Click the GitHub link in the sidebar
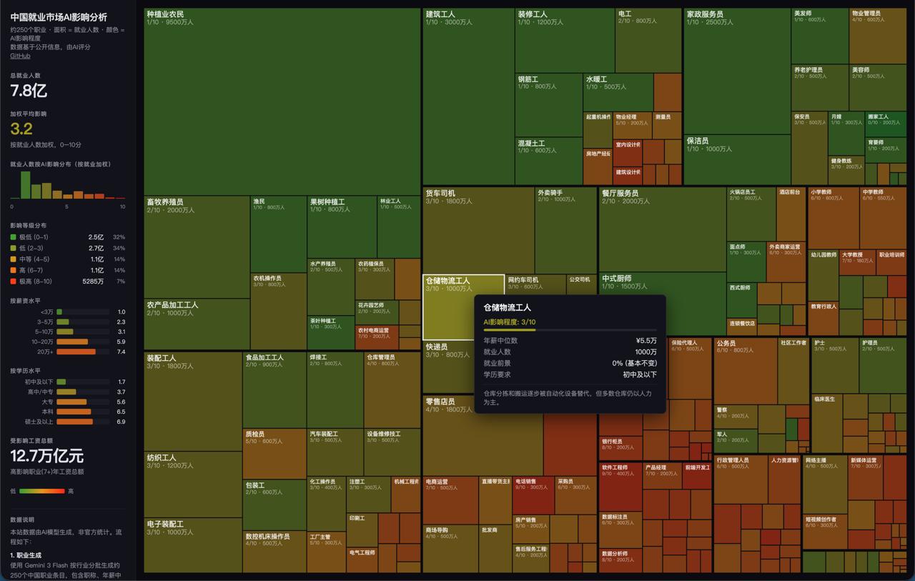coord(20,56)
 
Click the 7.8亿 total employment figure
coord(29,91)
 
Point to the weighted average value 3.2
coord(21,129)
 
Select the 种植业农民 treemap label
coord(165,14)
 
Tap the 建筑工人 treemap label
coord(440,14)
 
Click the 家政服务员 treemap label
coord(705,14)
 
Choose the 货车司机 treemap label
coord(440,193)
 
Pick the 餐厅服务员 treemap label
coord(620,193)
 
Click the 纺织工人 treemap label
coord(162,457)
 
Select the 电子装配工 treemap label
coord(165,524)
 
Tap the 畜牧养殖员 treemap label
coord(165,202)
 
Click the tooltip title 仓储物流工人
coord(508,307)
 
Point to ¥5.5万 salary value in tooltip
coord(646,341)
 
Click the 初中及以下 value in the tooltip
coord(640,374)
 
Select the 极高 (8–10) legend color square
coord(13,282)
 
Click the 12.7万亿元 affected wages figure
coord(46,456)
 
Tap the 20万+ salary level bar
coord(76,352)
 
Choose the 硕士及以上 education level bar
coord(74,422)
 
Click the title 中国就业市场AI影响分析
coord(59,17)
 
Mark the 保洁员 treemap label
coord(698,141)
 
